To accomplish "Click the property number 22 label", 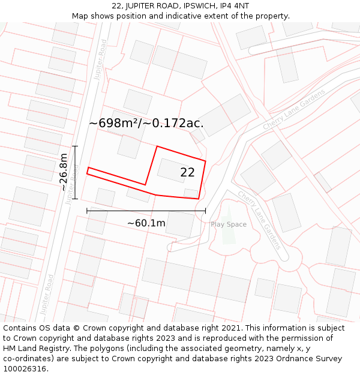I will pos(187,173).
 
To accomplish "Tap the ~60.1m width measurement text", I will pos(146,223).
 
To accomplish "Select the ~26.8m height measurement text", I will pos(64,172).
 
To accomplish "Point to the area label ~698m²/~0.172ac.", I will pos(146,123).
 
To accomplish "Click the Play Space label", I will pos(228,224).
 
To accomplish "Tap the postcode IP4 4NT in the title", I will pos(233,6).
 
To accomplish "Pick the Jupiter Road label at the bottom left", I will pos(47,294).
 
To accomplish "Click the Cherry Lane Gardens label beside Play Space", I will pos(259,220).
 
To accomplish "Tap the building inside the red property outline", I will pos(172,170).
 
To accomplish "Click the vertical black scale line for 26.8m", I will pos(75,172).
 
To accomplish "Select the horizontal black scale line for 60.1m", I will pos(146,211).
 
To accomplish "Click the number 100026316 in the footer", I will pos(25,369).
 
